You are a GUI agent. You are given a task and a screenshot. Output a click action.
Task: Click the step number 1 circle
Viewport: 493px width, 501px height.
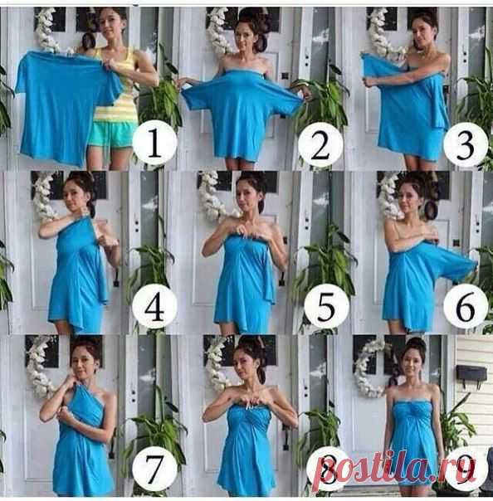tap(154, 143)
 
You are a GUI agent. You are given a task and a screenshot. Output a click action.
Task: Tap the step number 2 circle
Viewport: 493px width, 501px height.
tap(320, 144)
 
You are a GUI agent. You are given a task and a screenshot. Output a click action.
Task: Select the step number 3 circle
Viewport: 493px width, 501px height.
tap(465, 144)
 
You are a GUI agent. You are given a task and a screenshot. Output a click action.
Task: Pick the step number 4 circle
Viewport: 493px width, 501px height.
tap(154, 308)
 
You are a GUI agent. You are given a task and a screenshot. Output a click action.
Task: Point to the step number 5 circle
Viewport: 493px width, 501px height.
tap(326, 308)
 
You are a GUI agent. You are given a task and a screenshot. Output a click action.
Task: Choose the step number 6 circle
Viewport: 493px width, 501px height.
tap(465, 308)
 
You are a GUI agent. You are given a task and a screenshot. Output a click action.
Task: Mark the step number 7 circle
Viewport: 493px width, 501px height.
tap(154, 470)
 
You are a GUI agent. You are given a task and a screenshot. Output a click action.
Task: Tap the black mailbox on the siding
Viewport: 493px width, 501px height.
tap(471, 373)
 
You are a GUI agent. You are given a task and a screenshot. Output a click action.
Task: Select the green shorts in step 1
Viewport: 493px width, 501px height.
tap(112, 134)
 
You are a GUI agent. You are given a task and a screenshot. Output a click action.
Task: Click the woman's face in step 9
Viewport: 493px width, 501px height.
tap(411, 362)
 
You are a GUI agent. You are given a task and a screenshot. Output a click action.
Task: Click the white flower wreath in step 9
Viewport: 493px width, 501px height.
tap(368, 367)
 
